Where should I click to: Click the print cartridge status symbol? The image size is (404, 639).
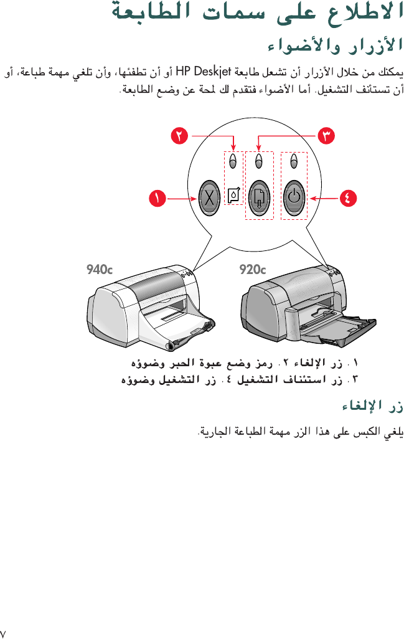point(233,197)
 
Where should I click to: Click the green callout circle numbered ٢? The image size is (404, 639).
point(180,134)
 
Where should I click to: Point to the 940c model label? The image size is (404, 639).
point(100,270)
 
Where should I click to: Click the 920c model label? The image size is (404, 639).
point(253,270)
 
